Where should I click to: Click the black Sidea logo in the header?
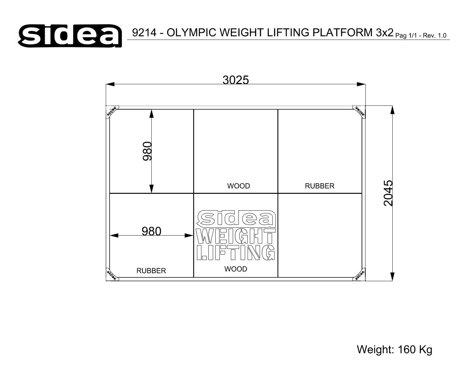pos(70,36)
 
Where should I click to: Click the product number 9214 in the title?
pos(144,33)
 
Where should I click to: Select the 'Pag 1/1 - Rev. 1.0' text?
pos(421,35)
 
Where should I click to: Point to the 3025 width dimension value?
pos(236,80)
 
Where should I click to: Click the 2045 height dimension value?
pos(388,193)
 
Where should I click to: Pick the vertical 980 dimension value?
pos(148,151)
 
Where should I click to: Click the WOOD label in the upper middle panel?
pos(238,186)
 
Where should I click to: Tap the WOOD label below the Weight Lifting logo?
pos(236,269)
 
